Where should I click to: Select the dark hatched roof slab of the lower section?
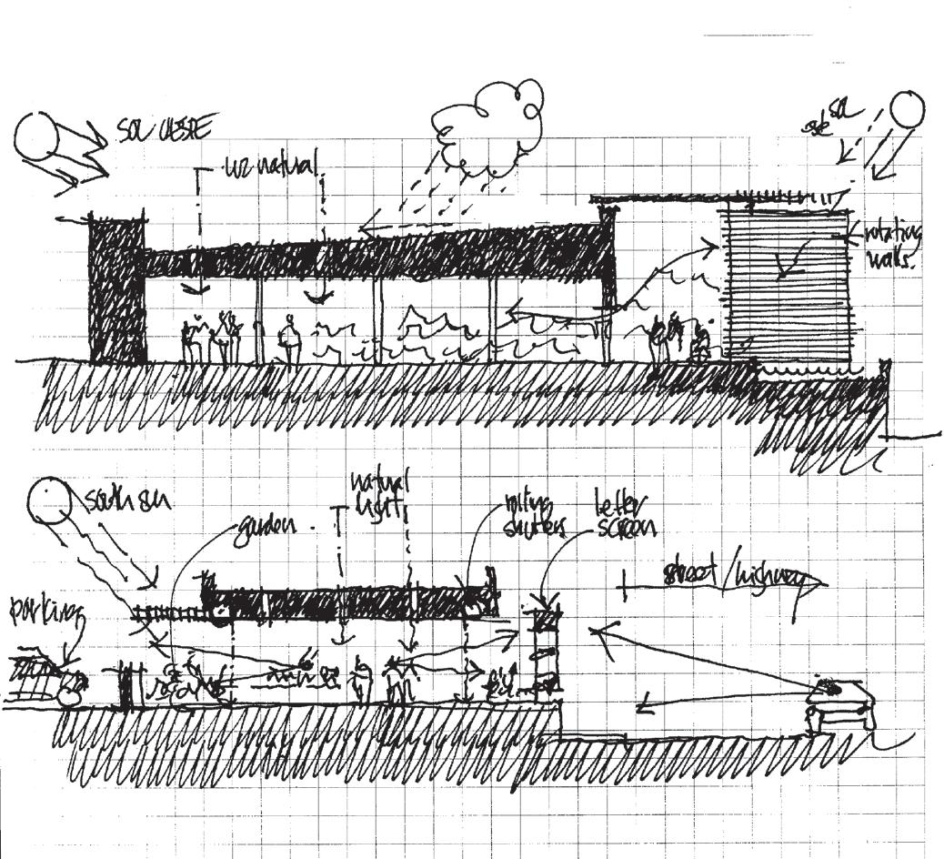(x=346, y=602)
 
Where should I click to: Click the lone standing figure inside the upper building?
(x=289, y=340)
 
